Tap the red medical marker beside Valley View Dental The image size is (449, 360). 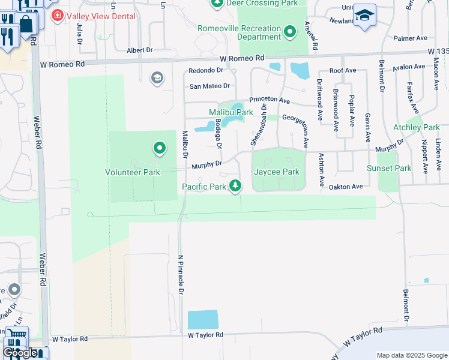pos(57,14)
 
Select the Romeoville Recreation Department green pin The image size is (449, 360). pos(290,31)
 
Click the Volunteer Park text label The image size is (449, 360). pos(133,172)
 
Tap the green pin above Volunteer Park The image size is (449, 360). pos(160,147)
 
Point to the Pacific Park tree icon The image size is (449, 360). pos(237,187)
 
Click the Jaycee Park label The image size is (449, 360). pos(276,172)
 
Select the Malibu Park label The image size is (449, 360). pos(231,112)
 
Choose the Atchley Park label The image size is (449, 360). pos(416,127)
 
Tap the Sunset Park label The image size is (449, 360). pos(390,168)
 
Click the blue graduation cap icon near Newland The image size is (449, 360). pos(364,14)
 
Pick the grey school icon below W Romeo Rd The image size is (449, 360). pos(157,78)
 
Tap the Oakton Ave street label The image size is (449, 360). pos(346,187)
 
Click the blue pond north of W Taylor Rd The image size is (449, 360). pos(203,320)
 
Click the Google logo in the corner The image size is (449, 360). pos(20,353)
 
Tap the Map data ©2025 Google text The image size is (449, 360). pos(411,355)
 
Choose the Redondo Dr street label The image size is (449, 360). pos(206,70)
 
